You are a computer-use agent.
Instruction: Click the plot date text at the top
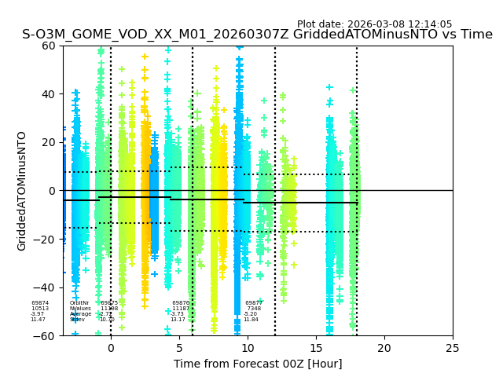374,24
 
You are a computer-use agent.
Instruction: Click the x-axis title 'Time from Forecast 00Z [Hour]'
258,364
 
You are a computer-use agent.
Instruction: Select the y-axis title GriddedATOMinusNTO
22,191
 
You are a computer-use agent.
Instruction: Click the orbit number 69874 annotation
40,303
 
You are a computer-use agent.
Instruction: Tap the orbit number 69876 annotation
181,303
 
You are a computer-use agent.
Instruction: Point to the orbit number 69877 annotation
254,303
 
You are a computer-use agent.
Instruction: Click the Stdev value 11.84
251,320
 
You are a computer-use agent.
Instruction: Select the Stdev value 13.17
178,320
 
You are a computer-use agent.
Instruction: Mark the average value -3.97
38,314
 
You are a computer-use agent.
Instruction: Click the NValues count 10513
40,309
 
